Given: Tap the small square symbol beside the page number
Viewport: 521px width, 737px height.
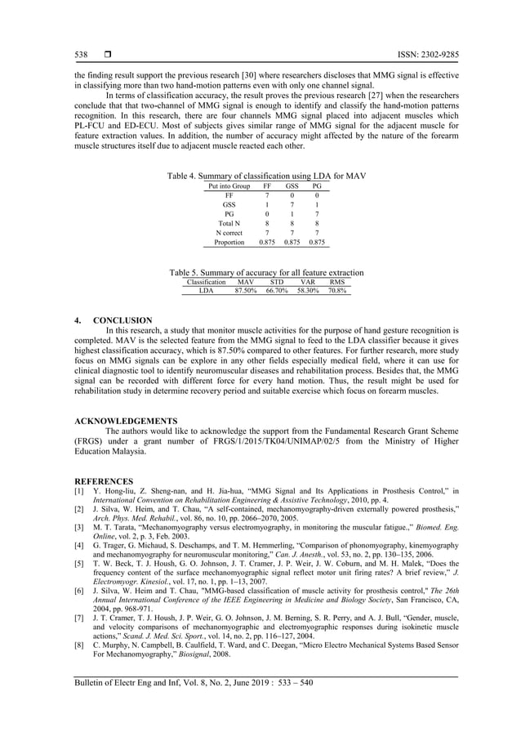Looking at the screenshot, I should [x=107, y=55].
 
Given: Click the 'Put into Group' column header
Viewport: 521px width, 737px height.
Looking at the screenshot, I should [x=229, y=186].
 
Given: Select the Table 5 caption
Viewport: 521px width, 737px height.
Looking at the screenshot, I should [x=266, y=272].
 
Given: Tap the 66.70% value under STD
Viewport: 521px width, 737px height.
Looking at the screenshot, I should [x=277, y=290].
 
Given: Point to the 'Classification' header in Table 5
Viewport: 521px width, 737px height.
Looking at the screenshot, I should [x=206, y=281].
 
